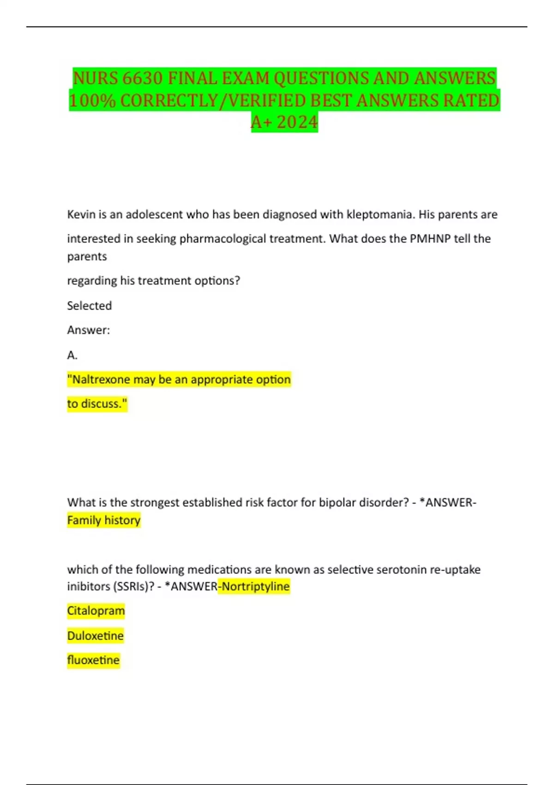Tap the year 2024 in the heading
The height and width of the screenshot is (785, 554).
click(x=297, y=122)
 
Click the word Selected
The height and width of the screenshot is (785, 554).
click(x=90, y=306)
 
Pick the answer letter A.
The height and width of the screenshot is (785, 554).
click(x=72, y=355)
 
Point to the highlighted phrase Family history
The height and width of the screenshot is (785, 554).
click(x=104, y=520)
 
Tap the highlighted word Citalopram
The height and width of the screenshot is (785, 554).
click(x=96, y=611)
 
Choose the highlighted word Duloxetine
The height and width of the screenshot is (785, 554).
click(x=96, y=636)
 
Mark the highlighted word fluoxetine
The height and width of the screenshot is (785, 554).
click(x=93, y=660)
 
